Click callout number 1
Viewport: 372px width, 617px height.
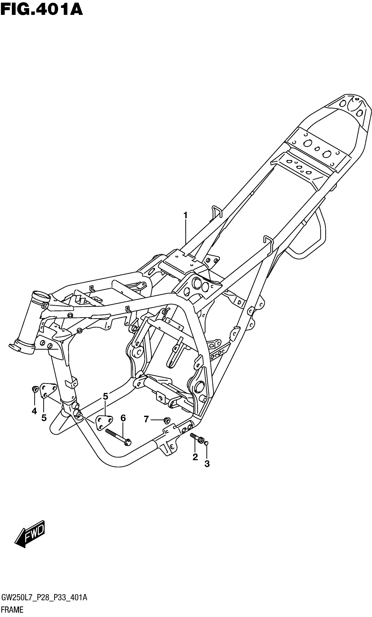click(x=185, y=215)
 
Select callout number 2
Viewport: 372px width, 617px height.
click(x=195, y=457)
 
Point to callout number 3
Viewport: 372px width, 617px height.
click(x=207, y=464)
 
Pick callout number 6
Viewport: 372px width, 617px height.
click(x=123, y=418)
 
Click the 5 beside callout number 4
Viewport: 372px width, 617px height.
click(x=44, y=418)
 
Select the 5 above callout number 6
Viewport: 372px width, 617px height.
click(x=105, y=396)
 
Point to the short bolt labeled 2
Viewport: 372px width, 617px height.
click(x=198, y=438)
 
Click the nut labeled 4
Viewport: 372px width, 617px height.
click(x=35, y=389)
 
